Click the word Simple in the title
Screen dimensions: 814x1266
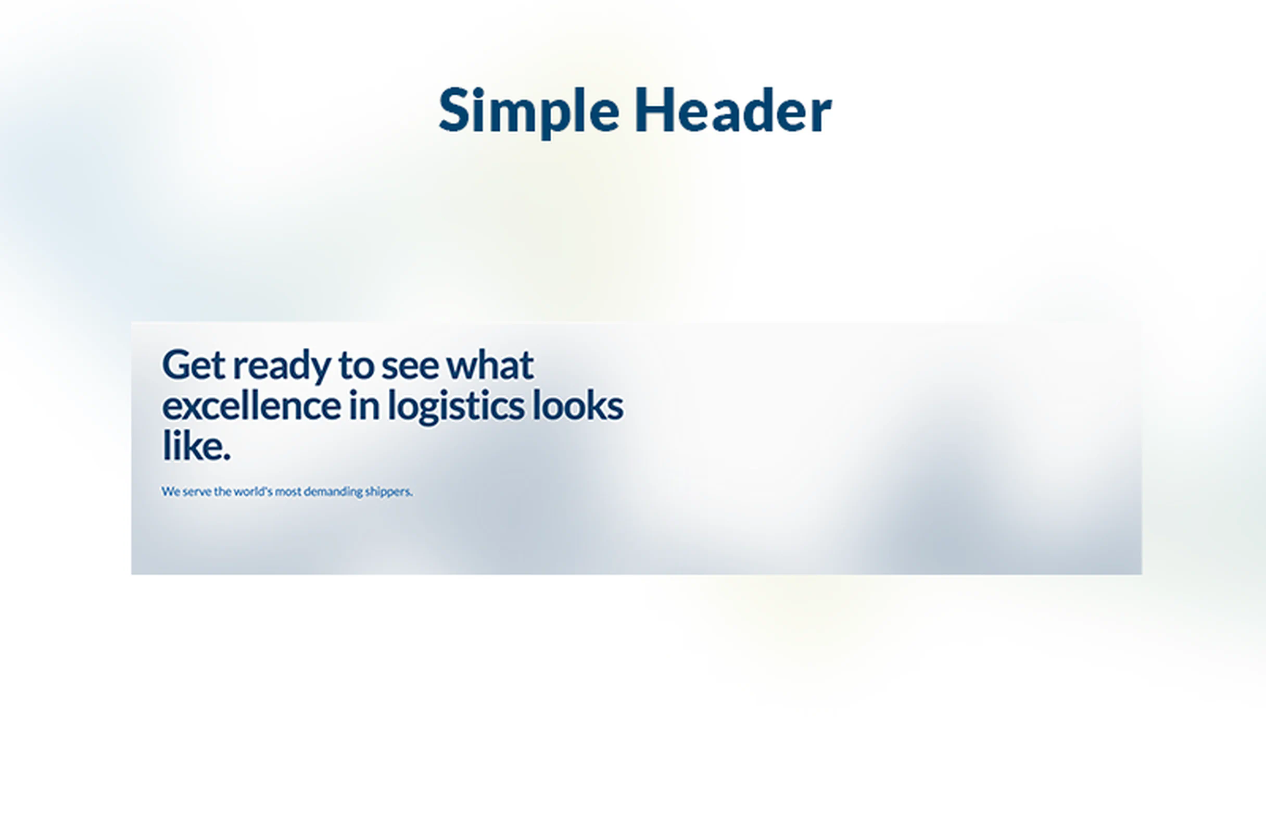click(528, 111)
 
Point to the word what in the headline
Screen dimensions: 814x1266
click(490, 365)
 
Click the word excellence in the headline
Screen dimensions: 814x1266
click(251, 406)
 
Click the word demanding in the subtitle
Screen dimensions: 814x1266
click(333, 492)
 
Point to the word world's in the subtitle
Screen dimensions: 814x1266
click(253, 492)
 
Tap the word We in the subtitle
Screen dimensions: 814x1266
click(171, 492)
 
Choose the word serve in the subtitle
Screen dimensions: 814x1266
click(197, 492)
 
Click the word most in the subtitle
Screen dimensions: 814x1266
click(288, 492)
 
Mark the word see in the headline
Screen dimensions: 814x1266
click(410, 366)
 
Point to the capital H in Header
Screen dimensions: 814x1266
click(654, 110)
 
